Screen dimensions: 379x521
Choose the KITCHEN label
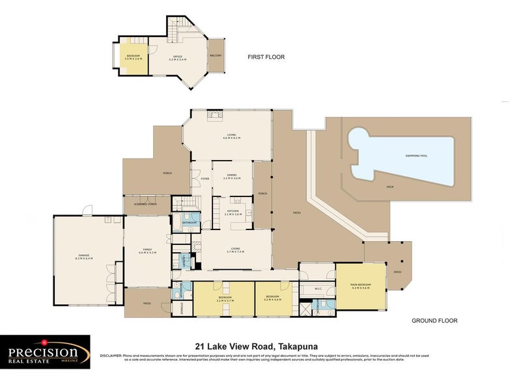tap(233, 212)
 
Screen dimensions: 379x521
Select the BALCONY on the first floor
tap(216, 56)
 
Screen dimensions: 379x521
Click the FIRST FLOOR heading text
tap(266, 57)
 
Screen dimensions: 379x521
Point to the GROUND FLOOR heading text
tap(434, 320)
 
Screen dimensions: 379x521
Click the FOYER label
tap(204, 177)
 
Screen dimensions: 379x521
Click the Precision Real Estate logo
tap(45, 353)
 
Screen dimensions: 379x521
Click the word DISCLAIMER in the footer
tap(111, 356)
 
